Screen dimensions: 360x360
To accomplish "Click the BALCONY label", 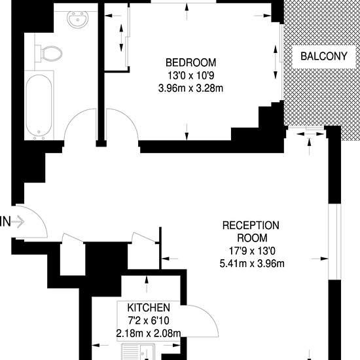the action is point(324,56).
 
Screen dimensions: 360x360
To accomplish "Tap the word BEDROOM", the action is point(190,62).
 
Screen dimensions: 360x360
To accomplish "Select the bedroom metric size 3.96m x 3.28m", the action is point(190,88).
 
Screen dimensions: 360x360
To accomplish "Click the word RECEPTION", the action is point(251,225).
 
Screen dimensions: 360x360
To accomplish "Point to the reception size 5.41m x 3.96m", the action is point(252,263).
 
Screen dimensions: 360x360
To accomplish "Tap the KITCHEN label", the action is point(149,308).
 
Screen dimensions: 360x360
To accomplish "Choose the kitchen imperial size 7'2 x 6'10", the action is point(149,320).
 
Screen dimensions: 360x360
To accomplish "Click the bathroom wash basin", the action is point(78,19).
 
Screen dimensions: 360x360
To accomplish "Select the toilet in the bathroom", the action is point(48,54).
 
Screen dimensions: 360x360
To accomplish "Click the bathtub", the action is point(39,105).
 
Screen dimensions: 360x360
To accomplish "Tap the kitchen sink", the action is point(138,351).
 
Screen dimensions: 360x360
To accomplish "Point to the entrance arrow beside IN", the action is point(18,222).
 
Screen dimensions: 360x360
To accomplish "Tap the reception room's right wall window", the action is point(334,242).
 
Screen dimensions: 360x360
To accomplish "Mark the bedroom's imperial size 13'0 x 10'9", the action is point(190,75).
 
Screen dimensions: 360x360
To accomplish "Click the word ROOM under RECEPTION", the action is point(252,238).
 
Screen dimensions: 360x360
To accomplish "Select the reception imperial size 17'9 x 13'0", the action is point(252,251).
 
